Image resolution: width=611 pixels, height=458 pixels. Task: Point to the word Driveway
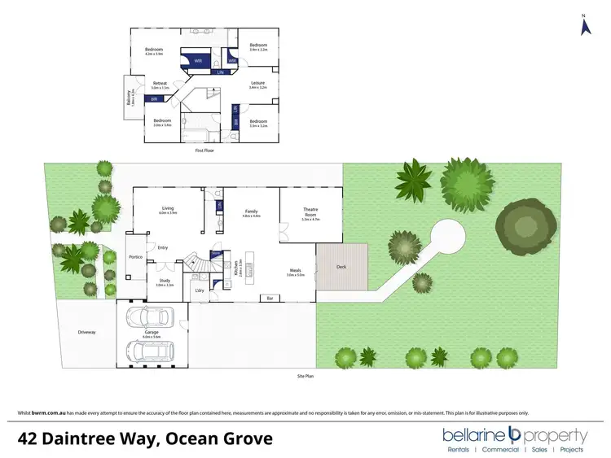[x=86, y=332]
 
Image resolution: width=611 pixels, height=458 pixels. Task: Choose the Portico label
[x=135, y=257]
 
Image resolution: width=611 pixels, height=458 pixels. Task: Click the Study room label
[x=165, y=281]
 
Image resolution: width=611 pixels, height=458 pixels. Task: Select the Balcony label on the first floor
[x=128, y=96]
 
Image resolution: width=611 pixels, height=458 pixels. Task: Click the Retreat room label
[x=160, y=83]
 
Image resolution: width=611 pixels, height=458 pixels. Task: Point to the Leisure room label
[x=258, y=82]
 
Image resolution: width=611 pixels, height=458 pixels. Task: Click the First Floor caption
[x=204, y=151]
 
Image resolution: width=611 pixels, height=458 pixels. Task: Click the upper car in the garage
[x=150, y=317]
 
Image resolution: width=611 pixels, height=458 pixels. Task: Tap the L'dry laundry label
[x=199, y=290]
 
